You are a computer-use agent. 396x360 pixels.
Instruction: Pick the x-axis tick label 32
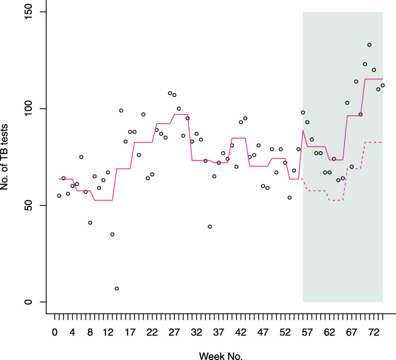point(197,332)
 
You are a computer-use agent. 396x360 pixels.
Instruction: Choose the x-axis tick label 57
point(307,332)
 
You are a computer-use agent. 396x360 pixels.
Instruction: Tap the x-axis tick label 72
point(374,332)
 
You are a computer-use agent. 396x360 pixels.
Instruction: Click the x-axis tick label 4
point(73,332)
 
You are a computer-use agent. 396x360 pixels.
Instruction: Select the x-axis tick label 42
point(241,332)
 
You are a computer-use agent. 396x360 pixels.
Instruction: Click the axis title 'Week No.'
point(221,354)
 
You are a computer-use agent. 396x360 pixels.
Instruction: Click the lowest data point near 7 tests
point(117,288)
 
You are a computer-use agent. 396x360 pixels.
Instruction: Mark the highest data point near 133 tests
point(369,45)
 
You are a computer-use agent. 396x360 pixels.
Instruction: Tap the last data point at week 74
point(383,86)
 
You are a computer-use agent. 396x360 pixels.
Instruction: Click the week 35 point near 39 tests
point(210,226)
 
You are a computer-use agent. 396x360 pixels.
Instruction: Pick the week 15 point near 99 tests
point(121,111)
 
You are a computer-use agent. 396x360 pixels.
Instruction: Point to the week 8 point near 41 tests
point(90,222)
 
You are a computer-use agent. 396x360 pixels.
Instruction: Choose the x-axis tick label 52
point(285,332)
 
